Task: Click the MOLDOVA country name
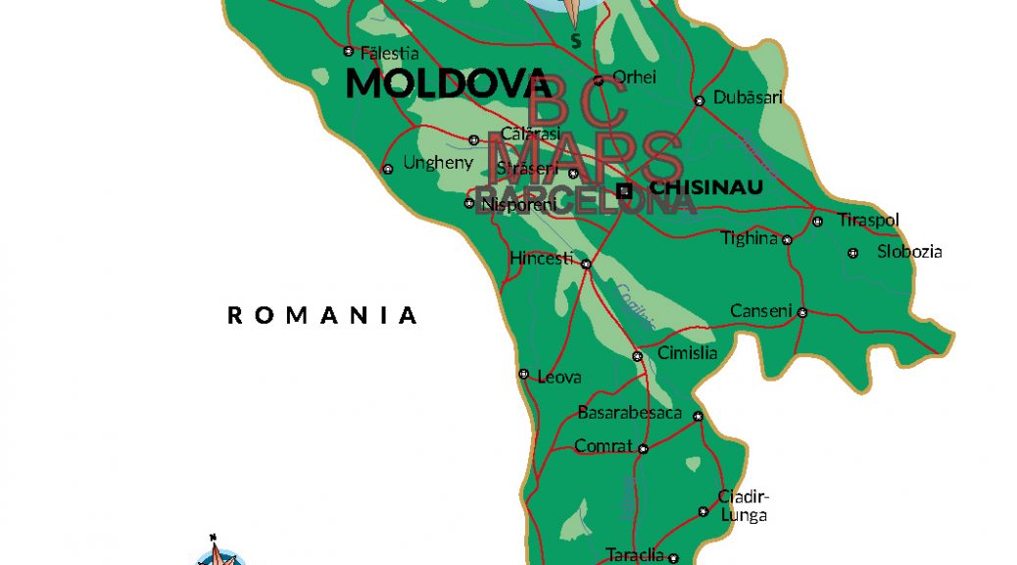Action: [448, 83]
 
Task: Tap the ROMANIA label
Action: [323, 315]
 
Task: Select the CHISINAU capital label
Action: [706, 186]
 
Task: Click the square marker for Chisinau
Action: [624, 191]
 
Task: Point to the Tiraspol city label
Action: [868, 220]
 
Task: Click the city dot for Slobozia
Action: [852, 253]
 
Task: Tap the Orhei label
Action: [634, 77]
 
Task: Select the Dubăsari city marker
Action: [700, 101]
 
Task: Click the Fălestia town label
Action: [390, 54]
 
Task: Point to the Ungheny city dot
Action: [388, 169]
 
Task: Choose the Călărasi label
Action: [530, 133]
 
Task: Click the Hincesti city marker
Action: [586, 264]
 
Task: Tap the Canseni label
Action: [760, 311]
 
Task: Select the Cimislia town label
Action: [688, 353]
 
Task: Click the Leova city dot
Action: [523, 374]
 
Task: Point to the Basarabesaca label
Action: [629, 412]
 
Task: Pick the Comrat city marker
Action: [643, 449]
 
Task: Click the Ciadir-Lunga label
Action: [744, 505]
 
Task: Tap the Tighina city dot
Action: [787, 239]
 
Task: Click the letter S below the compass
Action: [576, 41]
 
